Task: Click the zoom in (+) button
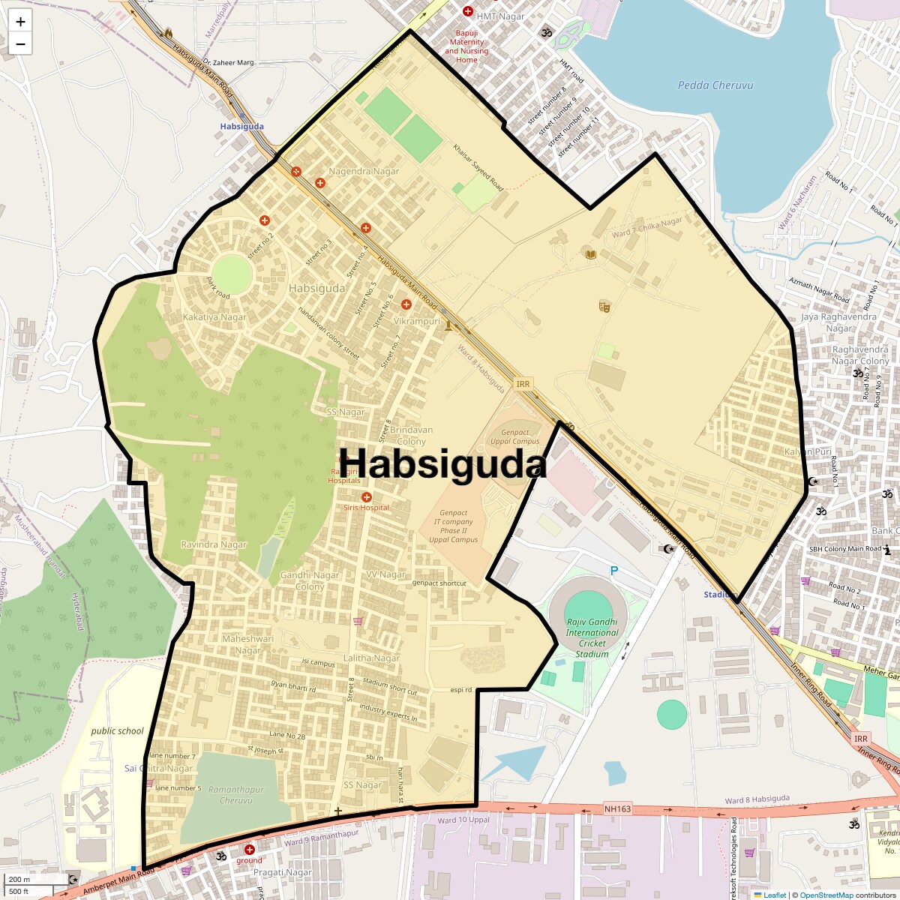click(20, 22)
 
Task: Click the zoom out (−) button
click(20, 43)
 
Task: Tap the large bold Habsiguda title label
click(442, 463)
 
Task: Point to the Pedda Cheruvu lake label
click(715, 85)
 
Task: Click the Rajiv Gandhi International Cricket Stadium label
click(592, 637)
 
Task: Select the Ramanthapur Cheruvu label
click(235, 795)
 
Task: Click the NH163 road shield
click(618, 808)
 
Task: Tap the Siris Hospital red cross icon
click(367, 497)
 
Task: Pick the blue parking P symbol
click(614, 571)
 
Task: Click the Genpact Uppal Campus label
click(514, 436)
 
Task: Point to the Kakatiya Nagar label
click(214, 317)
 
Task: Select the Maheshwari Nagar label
click(247, 644)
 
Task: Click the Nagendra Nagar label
click(364, 171)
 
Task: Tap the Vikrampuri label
click(417, 321)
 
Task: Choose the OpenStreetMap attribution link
click(826, 895)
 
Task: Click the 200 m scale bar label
click(20, 880)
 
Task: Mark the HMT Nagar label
click(500, 16)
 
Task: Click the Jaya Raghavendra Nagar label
click(838, 322)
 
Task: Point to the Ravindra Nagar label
click(214, 544)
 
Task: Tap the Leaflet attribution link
click(775, 895)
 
